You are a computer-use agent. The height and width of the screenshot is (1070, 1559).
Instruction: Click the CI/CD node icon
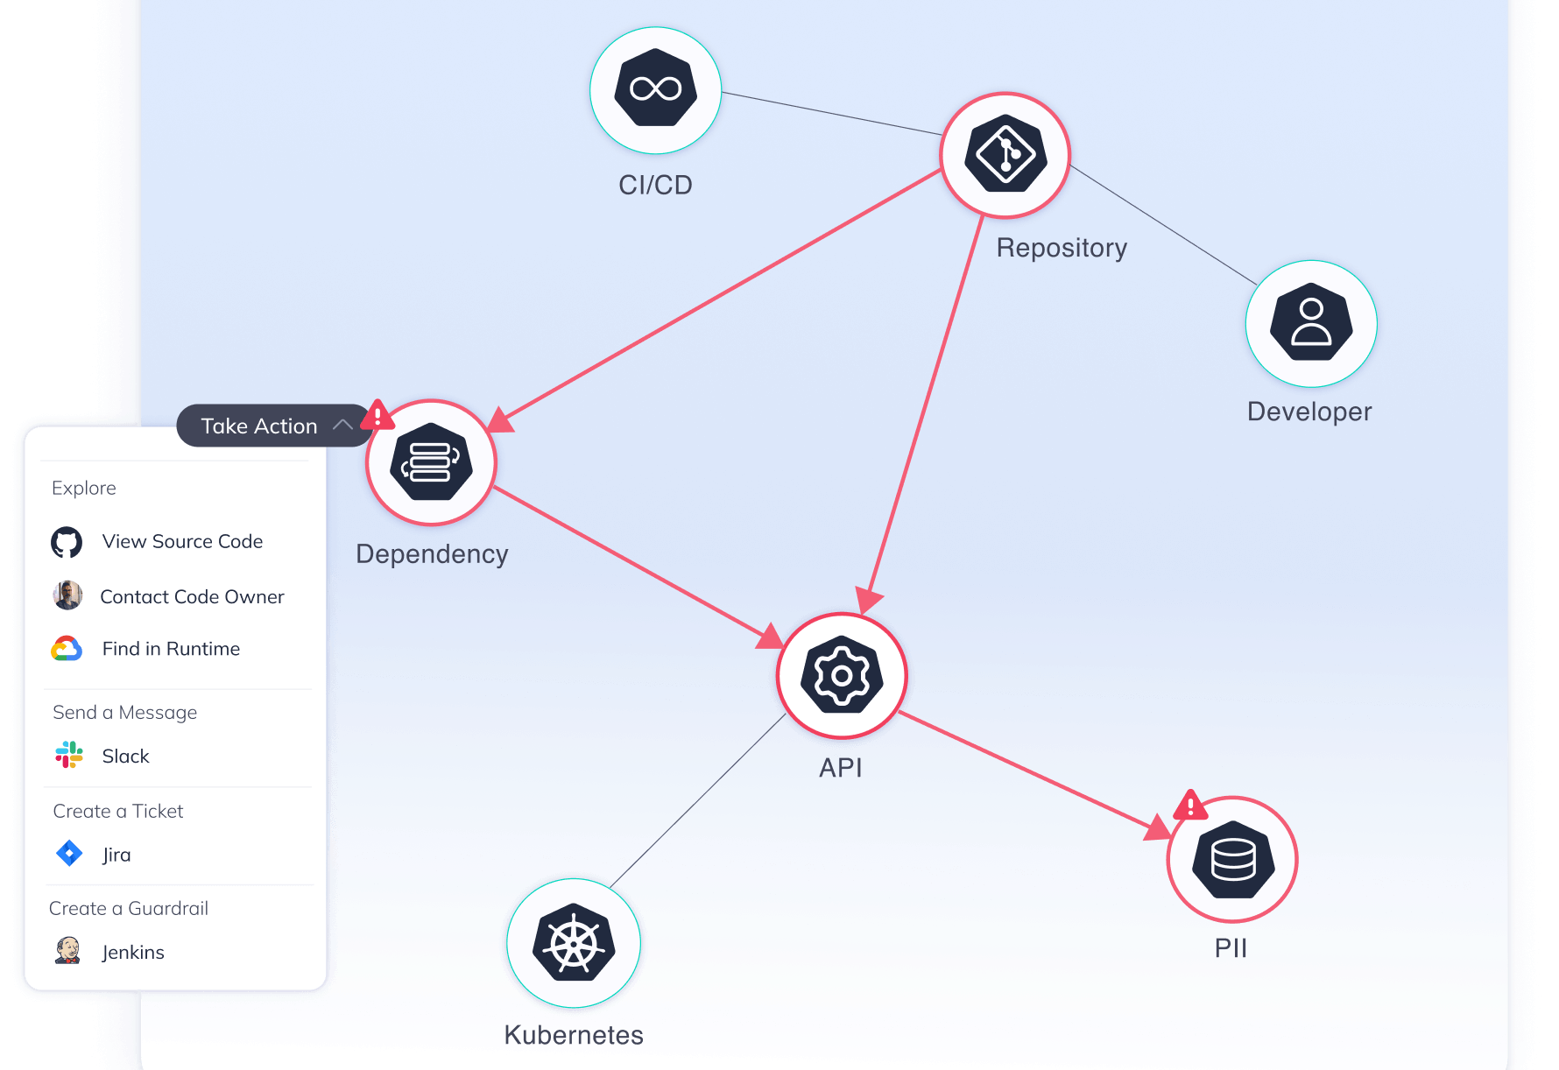tap(655, 89)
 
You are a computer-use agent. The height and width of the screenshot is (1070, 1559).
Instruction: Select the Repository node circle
tap(1005, 155)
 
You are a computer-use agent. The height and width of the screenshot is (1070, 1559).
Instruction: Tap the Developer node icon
tap(1311, 323)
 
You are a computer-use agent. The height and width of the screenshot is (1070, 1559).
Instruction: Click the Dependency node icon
tap(431, 462)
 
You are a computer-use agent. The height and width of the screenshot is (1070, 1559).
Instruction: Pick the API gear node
tap(842, 676)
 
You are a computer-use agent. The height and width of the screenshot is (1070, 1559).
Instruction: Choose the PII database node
tap(1232, 860)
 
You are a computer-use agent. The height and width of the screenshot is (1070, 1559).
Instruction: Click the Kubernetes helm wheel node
tap(574, 943)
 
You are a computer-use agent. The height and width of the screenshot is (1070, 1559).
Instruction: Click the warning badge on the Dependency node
tap(377, 414)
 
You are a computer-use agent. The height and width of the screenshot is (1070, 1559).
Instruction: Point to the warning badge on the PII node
tap(1190, 805)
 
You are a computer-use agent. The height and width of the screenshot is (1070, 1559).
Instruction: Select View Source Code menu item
tap(182, 542)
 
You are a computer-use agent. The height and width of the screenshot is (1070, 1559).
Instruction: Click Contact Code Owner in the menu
tap(192, 597)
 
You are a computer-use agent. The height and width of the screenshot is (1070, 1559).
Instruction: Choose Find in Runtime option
tap(171, 649)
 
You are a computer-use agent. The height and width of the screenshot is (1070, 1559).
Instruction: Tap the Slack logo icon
tap(68, 755)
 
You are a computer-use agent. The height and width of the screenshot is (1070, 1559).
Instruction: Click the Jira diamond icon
tap(68, 853)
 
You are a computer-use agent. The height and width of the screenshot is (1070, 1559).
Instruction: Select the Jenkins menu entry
tap(133, 952)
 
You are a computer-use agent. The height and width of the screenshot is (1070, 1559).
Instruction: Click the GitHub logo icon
tap(67, 543)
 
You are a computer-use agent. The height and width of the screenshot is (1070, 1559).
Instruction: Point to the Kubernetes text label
tap(574, 1035)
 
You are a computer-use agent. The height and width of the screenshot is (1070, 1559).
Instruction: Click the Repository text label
tap(1062, 248)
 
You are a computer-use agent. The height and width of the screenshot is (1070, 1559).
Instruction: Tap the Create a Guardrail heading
tap(129, 908)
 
